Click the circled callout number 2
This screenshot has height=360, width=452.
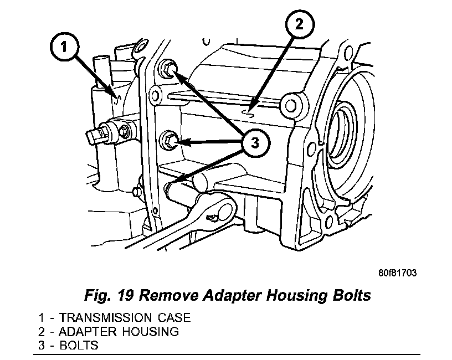click(x=299, y=24)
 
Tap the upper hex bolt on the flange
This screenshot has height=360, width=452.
click(x=168, y=69)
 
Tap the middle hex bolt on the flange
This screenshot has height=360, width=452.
click(x=169, y=139)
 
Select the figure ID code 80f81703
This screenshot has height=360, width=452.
click(x=397, y=273)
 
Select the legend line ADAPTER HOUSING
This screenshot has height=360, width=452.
click(x=109, y=332)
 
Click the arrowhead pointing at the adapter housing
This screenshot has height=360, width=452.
click(x=251, y=109)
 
